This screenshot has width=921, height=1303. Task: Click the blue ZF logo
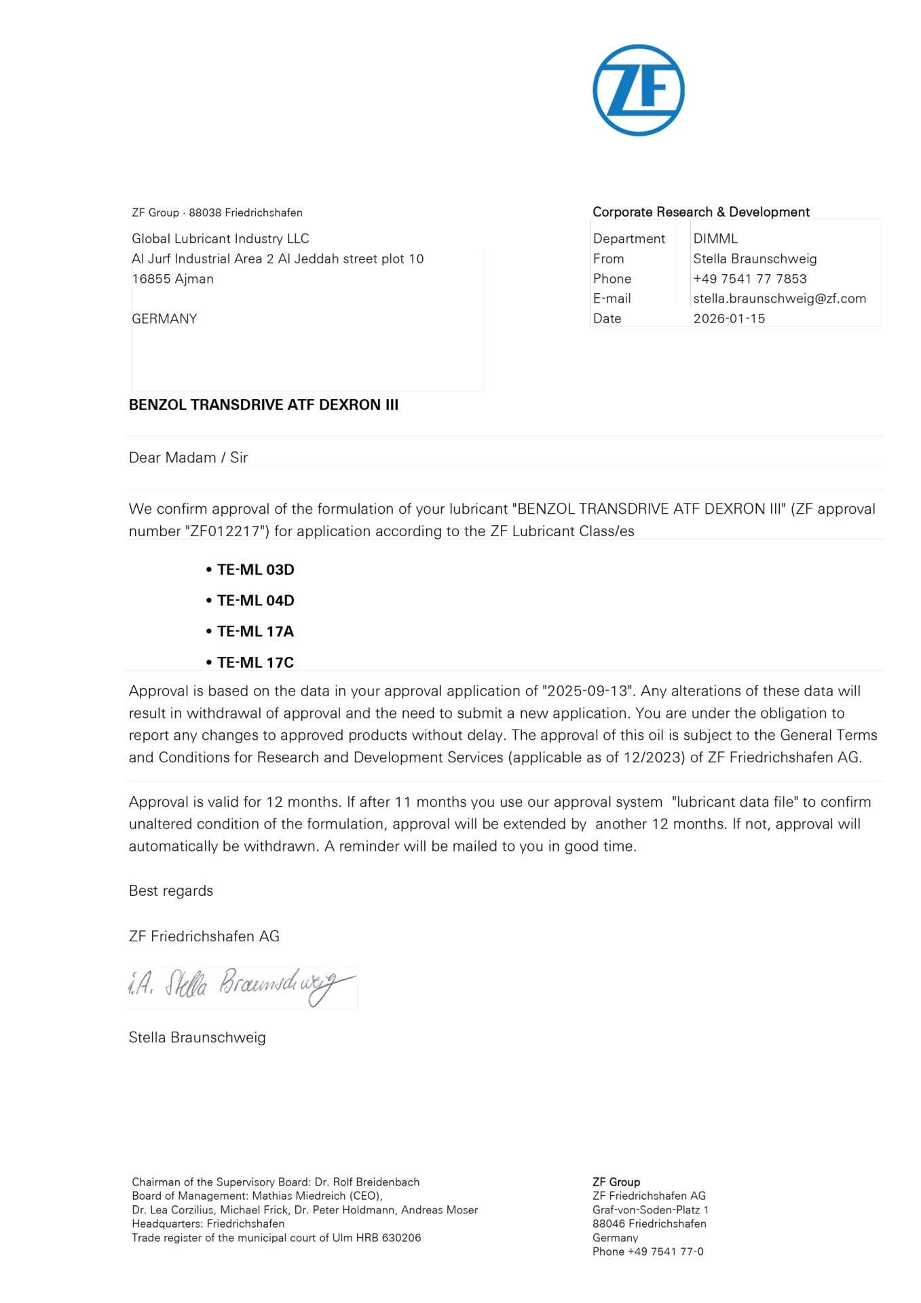pyautogui.click(x=638, y=90)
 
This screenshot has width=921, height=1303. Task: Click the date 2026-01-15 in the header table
pyautogui.click(x=729, y=318)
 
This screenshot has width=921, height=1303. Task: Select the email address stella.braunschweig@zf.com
pyautogui.click(x=779, y=299)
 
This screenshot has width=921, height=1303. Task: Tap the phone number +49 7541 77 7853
pyautogui.click(x=749, y=278)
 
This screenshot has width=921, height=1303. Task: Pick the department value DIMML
pyautogui.click(x=715, y=238)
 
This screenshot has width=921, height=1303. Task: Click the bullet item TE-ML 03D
pyautogui.click(x=255, y=569)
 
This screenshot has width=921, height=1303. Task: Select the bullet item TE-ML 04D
pyautogui.click(x=255, y=601)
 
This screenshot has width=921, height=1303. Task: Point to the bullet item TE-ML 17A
pyautogui.click(x=255, y=631)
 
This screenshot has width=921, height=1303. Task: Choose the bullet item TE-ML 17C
pyautogui.click(x=255, y=662)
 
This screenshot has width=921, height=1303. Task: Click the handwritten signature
pyautogui.click(x=241, y=987)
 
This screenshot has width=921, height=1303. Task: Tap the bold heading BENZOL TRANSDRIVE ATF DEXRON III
pyautogui.click(x=263, y=405)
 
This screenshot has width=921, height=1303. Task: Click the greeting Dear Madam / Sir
pyautogui.click(x=188, y=457)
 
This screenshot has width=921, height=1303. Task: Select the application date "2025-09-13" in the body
pyautogui.click(x=588, y=691)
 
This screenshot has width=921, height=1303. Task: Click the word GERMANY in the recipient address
pyautogui.click(x=164, y=318)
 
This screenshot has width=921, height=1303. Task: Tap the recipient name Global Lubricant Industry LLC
pyautogui.click(x=220, y=238)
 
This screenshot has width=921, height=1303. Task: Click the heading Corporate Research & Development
pyautogui.click(x=700, y=212)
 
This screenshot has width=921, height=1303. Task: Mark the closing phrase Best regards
pyautogui.click(x=170, y=890)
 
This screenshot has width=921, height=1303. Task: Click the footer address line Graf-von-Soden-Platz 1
pyautogui.click(x=650, y=1209)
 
